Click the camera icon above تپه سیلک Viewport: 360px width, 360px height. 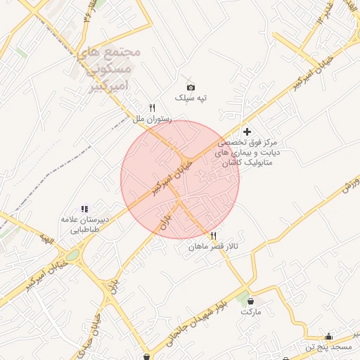coord(190,86)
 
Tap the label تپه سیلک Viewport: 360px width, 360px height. coord(191,98)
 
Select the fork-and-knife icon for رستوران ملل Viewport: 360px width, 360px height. coord(151,108)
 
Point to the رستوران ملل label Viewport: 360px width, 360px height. coord(149,120)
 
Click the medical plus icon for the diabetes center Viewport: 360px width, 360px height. coord(247,131)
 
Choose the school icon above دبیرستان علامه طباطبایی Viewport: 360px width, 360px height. coord(84,209)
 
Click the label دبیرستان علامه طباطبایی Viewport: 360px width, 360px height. coord(85,224)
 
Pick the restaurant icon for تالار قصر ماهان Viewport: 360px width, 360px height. coord(213,236)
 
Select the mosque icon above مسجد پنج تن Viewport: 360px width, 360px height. coord(328,336)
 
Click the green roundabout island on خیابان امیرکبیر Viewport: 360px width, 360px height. coord(72,255)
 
